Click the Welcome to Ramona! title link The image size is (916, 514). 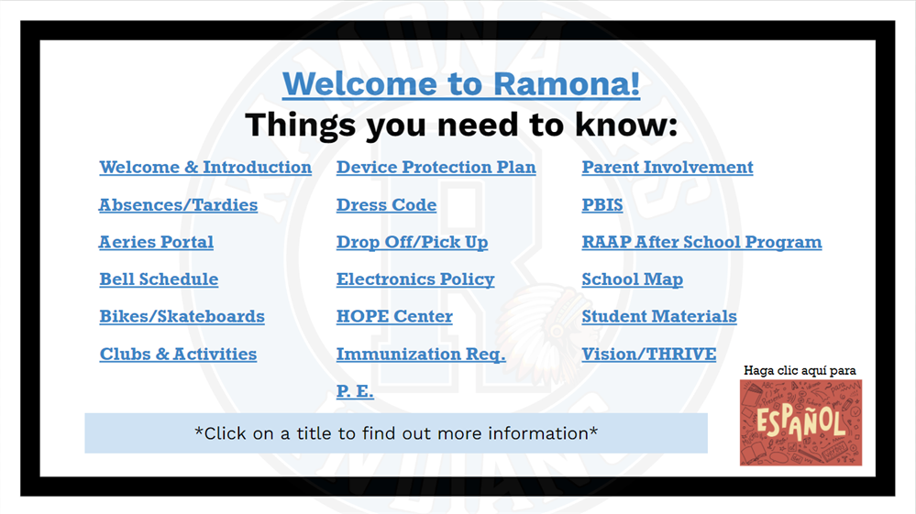tap(461, 84)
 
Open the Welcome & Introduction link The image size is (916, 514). tap(205, 168)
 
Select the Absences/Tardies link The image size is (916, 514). tap(178, 205)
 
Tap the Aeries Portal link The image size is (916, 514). tap(156, 243)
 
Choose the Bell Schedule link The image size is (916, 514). tap(159, 279)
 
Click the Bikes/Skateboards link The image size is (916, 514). tap(182, 317)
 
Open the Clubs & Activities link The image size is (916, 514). tap(178, 355)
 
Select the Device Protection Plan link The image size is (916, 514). tap(436, 168)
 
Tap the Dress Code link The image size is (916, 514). tap(386, 205)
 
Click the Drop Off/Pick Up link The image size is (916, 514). tap(412, 243)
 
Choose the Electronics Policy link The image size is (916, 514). tap(414, 279)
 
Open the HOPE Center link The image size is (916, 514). tap(394, 317)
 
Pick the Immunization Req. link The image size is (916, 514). tap(420, 355)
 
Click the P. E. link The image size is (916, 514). tap(355, 392)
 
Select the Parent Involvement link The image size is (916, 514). tap(667, 168)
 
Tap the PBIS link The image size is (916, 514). tap(601, 205)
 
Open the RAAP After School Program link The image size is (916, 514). tap(701, 243)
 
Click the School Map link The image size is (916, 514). tap(632, 279)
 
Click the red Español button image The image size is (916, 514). tap(800, 422)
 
